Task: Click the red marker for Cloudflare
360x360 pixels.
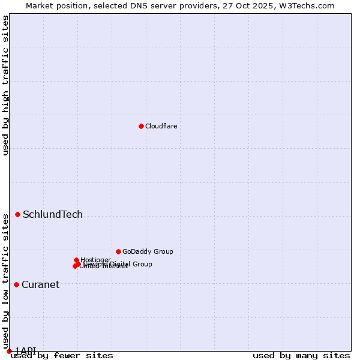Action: click(x=141, y=126)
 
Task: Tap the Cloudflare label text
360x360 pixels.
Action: click(x=161, y=126)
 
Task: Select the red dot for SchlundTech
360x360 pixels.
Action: click(x=18, y=214)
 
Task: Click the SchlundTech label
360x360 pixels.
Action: click(x=53, y=215)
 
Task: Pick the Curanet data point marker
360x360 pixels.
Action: click(x=16, y=284)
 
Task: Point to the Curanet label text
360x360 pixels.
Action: click(x=40, y=285)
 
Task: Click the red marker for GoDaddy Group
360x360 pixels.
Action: click(x=118, y=251)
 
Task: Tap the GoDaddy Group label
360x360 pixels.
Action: click(x=148, y=252)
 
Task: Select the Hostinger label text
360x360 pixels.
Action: click(x=95, y=260)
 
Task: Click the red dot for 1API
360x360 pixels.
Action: click(x=9, y=351)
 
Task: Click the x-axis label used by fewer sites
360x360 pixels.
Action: click(x=62, y=356)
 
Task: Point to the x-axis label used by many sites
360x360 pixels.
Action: click(x=301, y=356)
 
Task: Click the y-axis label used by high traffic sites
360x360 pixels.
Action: click(x=5, y=86)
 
